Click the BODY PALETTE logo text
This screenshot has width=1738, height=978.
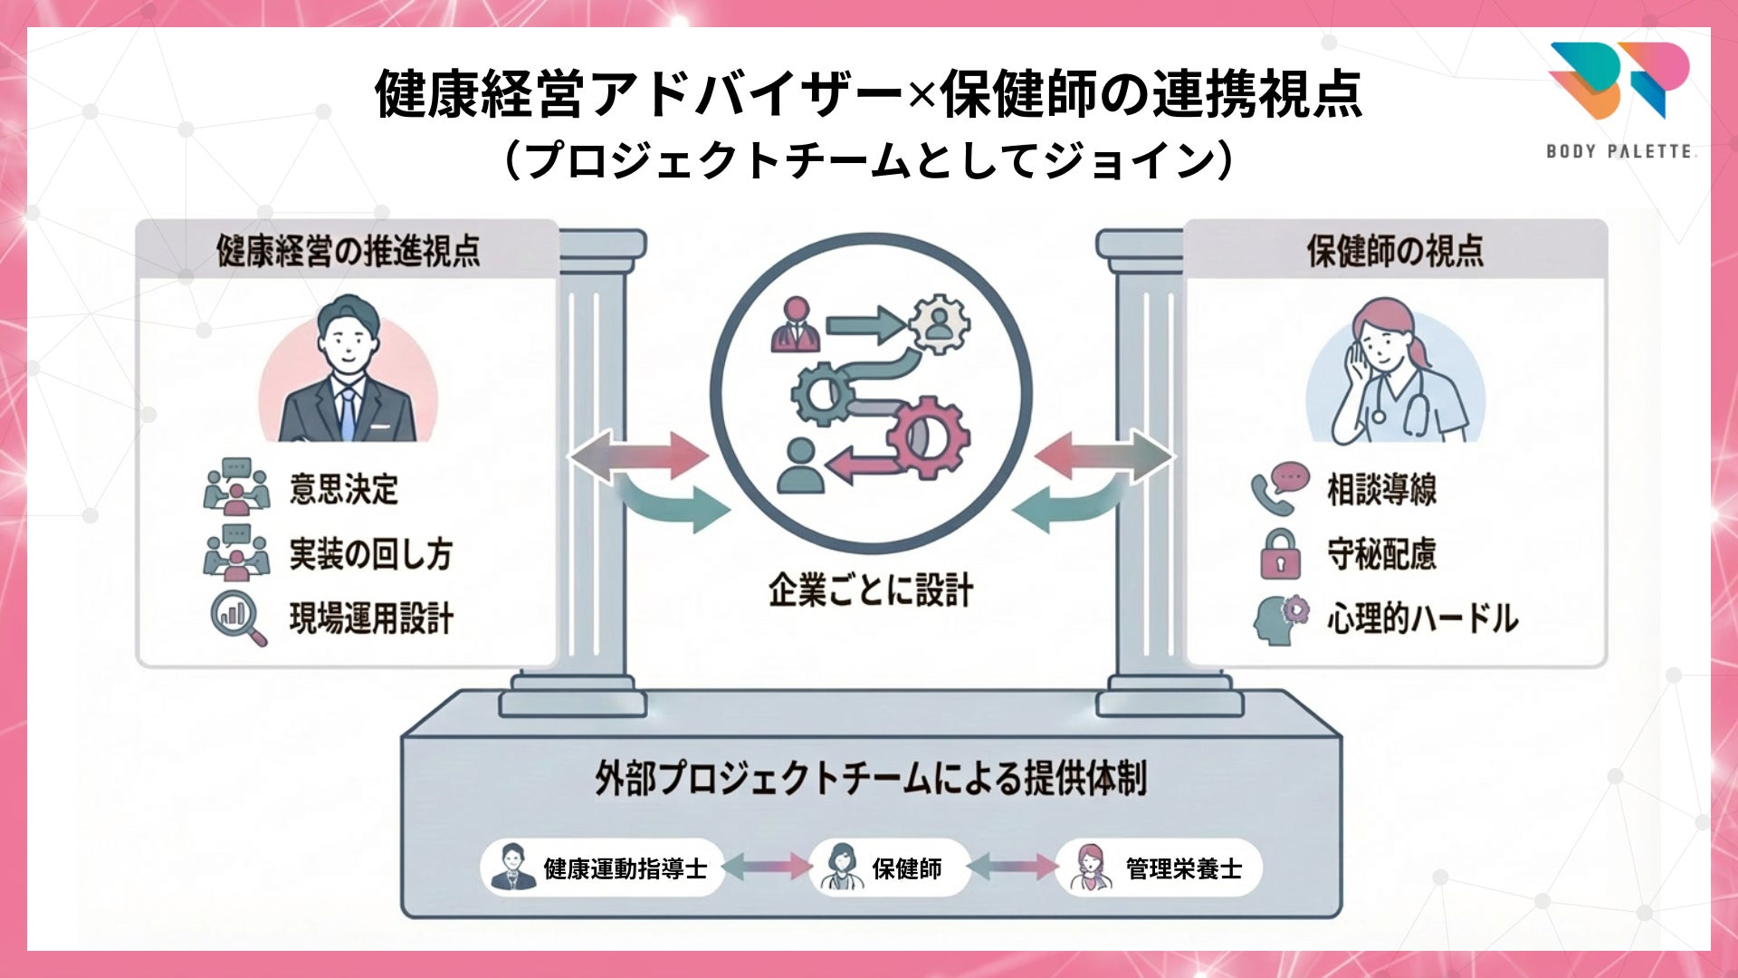point(1619,151)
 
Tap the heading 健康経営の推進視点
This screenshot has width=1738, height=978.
point(348,252)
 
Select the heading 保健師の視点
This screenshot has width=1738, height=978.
point(1395,252)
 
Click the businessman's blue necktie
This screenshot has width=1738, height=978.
point(348,413)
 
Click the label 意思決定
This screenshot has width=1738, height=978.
point(344,489)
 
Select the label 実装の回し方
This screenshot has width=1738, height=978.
point(370,554)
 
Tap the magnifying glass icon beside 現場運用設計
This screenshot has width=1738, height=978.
point(238,618)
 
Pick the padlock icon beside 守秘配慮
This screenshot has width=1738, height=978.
point(1280,554)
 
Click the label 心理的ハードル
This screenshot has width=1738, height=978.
point(1422,619)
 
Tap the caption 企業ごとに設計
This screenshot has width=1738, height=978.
point(871,590)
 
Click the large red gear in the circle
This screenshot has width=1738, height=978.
point(929,437)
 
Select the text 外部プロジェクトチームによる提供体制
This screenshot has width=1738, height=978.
point(871,778)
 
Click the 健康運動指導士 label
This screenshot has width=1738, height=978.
point(625,868)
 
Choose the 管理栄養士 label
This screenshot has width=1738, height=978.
point(1183,868)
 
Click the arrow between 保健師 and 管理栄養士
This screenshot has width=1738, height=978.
point(1012,868)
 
